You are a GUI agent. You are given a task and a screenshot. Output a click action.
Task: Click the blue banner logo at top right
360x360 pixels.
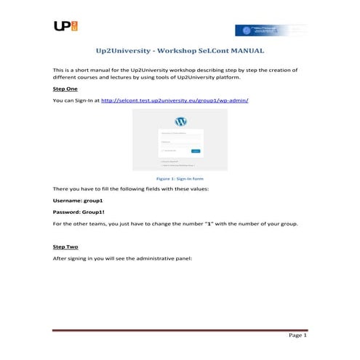point(270,30)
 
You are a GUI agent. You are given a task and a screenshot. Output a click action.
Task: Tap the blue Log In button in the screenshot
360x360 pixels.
point(195,151)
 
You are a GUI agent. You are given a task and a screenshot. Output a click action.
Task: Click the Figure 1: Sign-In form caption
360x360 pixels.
point(180,177)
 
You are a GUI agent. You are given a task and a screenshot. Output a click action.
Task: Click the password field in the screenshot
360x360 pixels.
point(180,145)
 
